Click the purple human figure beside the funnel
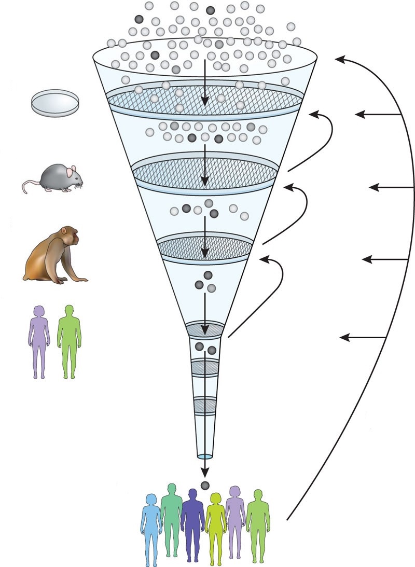[x=39, y=340]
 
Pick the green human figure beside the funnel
[x=68, y=340]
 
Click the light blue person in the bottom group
[x=151, y=529]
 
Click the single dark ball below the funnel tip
[x=205, y=485]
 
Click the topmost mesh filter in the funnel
[x=204, y=99]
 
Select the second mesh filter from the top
[x=204, y=171]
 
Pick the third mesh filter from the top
[x=205, y=245]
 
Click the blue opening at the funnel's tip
[x=205, y=457]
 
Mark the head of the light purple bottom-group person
[x=234, y=491]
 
